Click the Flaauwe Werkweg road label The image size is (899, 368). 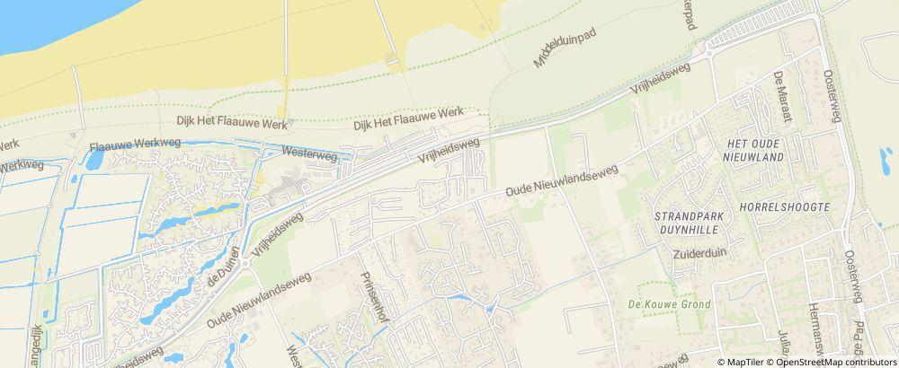(x=135, y=145)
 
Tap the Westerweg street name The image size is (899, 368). (x=309, y=154)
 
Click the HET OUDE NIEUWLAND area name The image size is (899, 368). (x=754, y=150)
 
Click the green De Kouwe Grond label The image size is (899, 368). (x=669, y=304)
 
